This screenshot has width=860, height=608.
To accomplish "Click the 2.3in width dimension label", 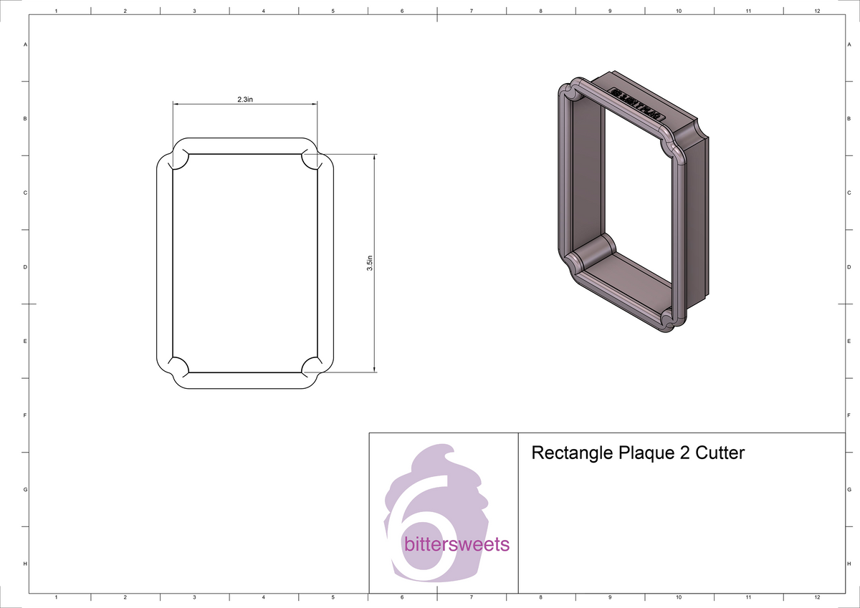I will pos(245,100).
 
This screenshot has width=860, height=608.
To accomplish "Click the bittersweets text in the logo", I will pos(457,545).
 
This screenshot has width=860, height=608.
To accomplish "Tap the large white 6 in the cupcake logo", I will pos(423,530).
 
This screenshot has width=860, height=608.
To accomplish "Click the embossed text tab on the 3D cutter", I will pos(636,103).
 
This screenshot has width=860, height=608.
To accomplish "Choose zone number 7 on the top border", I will pos(471,11).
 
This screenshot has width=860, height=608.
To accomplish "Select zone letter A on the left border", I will pos(26,44).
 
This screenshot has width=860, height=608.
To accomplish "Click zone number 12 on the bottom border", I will pos(817,597).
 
